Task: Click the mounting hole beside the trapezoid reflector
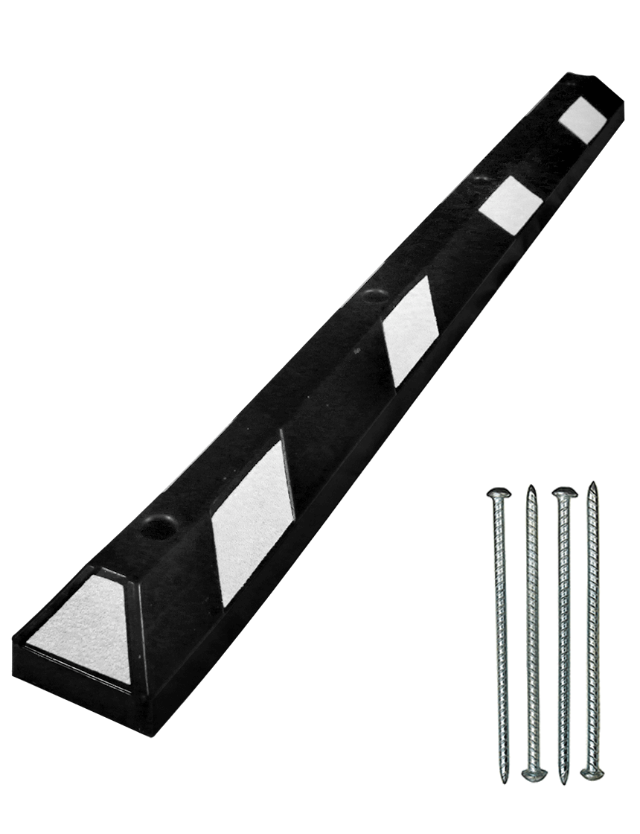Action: (x=158, y=529)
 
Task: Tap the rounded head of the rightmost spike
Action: (x=592, y=774)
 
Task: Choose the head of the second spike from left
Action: (x=534, y=775)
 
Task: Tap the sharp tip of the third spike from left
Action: (x=563, y=779)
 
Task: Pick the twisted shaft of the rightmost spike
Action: (x=593, y=633)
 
